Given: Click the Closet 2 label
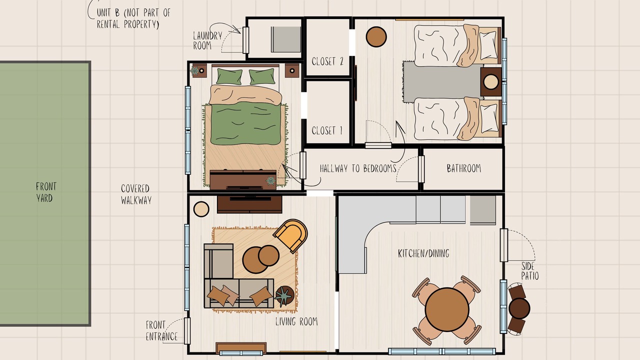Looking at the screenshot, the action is pos(327,61).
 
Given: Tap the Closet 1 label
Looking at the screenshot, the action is pos(327,130).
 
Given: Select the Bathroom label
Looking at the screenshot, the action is pos(463,168).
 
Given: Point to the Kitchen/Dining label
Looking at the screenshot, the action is pos(423,253).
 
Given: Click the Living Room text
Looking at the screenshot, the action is pos(296,321).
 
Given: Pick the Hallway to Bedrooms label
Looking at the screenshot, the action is pos(358,168).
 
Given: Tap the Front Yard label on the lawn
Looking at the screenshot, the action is pos(45,192).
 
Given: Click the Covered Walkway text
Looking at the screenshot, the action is pos(136,194).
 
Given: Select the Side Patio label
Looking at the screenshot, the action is pos(529,271).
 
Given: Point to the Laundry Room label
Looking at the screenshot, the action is pos(207,40).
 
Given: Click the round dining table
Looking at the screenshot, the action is pos(447,309).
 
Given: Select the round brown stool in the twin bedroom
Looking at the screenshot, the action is pos(376,37).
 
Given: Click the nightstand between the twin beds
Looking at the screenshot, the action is pos(491,81).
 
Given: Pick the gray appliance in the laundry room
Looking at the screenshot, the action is pos(285,39).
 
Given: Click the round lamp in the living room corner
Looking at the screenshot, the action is pos(201,209).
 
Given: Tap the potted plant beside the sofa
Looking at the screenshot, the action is pos(284,296).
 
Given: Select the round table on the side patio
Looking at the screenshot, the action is pos(519,308).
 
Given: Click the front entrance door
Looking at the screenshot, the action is pos(187,331).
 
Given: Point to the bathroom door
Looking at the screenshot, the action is pos(421,169).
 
